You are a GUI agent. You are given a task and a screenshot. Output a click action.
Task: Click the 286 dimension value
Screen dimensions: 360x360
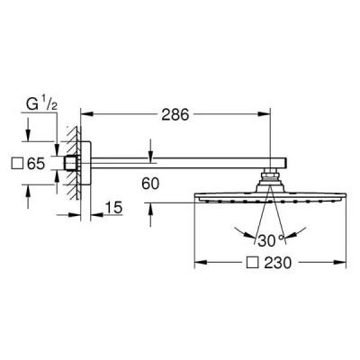click(175, 114)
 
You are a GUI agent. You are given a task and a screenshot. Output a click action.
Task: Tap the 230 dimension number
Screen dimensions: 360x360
click(278, 263)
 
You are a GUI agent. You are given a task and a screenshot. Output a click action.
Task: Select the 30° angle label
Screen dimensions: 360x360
click(271, 241)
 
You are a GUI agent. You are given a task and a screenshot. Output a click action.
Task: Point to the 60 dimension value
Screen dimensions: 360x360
click(150, 184)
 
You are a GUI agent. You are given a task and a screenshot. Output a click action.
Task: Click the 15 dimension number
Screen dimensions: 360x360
click(114, 208)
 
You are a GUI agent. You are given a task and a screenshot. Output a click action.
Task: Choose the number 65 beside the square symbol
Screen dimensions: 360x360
click(36, 164)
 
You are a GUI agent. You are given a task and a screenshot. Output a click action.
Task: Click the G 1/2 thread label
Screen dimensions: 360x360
click(41, 104)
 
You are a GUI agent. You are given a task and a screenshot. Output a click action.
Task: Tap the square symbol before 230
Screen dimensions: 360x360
click(252, 263)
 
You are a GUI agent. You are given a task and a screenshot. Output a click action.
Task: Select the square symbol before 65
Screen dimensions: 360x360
click(17, 164)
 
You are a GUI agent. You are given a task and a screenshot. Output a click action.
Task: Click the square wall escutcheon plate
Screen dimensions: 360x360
click(85, 163)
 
